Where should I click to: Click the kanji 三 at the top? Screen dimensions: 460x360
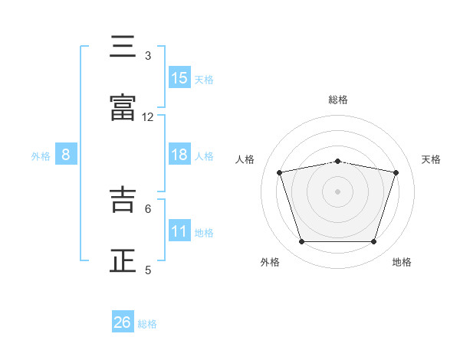click(x=123, y=46)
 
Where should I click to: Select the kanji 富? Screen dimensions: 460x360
click(x=123, y=107)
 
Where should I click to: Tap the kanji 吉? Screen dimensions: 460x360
click(x=123, y=199)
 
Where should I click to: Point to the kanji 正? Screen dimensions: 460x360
click(x=123, y=260)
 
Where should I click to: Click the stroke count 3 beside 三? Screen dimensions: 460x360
click(x=148, y=56)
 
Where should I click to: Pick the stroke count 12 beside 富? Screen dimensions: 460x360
click(x=147, y=117)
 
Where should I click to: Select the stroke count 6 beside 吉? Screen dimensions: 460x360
click(x=148, y=209)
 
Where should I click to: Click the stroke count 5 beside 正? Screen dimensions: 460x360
click(x=148, y=270)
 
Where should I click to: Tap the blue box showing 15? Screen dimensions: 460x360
click(x=179, y=77)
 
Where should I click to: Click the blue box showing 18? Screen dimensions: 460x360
click(x=179, y=154)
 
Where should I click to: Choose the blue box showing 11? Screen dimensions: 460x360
click(x=179, y=230)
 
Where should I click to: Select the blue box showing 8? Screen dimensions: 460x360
click(x=66, y=154)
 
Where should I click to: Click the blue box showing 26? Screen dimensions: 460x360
click(x=123, y=321)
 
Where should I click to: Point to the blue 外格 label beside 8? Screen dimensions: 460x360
click(x=41, y=156)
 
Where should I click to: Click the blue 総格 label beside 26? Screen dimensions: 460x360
click(x=147, y=324)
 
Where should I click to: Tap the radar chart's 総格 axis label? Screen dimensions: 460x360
click(x=338, y=100)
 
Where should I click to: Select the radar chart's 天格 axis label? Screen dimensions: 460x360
click(x=431, y=159)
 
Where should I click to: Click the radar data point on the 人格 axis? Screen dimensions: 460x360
click(x=279, y=172)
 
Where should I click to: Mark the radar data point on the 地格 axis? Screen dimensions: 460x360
click(x=373, y=242)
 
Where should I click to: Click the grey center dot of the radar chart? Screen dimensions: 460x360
click(x=337, y=191)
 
